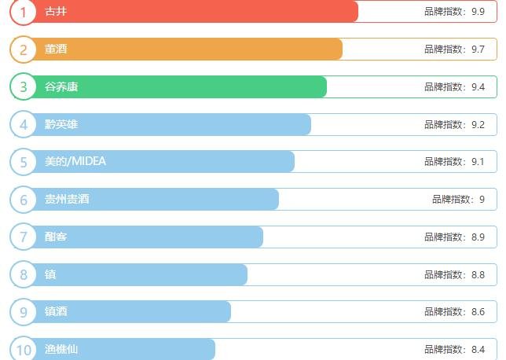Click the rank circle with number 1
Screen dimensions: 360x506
point(24,12)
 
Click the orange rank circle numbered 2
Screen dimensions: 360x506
point(24,50)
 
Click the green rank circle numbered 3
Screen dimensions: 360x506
point(24,86)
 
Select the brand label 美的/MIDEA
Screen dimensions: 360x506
point(75,161)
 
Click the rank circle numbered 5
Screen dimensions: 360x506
point(24,162)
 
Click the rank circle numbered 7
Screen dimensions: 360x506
point(24,237)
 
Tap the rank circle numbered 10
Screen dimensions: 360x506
point(24,349)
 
